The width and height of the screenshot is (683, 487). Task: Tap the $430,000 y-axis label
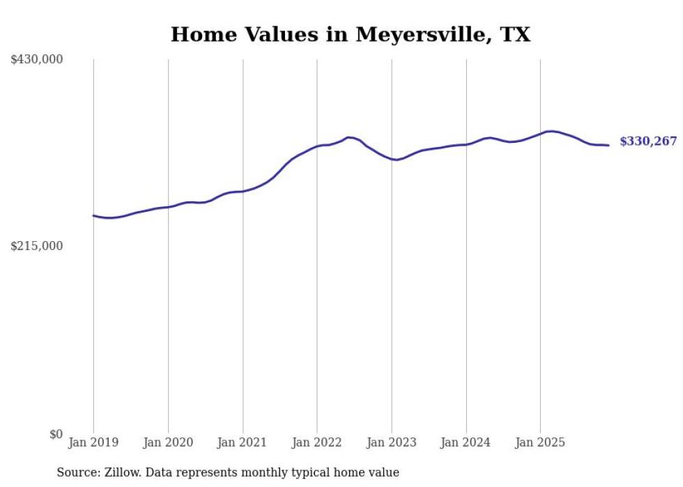pyautogui.click(x=37, y=60)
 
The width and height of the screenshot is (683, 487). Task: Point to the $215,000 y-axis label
pyautogui.click(x=37, y=246)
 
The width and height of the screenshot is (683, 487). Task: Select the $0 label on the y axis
pyautogui.click(x=56, y=434)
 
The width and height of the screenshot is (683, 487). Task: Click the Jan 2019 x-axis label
pyautogui.click(x=93, y=442)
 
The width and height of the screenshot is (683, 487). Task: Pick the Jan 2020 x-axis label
pyautogui.click(x=168, y=442)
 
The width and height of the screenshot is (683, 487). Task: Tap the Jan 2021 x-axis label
pyautogui.click(x=243, y=442)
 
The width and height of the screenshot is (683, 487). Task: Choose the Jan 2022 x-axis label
pyautogui.click(x=317, y=442)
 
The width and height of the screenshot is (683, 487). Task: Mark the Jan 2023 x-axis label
pyautogui.click(x=392, y=442)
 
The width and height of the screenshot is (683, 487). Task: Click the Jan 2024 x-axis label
pyautogui.click(x=466, y=442)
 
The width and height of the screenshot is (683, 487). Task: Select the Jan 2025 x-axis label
pyautogui.click(x=540, y=442)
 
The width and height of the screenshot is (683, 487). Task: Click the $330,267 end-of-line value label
pyautogui.click(x=648, y=141)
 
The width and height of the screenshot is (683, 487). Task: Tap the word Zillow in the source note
pyautogui.click(x=118, y=472)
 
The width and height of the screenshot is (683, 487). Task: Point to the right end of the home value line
pyautogui.click(x=608, y=145)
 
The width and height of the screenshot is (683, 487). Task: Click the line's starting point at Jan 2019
pyautogui.click(x=93, y=215)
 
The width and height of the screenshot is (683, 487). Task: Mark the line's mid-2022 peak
pyautogui.click(x=349, y=137)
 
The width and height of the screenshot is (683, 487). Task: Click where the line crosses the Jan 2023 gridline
pyautogui.click(x=392, y=159)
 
